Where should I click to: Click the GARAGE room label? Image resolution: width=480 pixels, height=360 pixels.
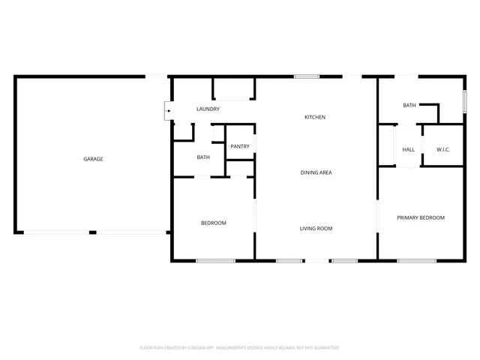pos(93,159)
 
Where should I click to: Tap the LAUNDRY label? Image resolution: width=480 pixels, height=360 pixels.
pos(208,109)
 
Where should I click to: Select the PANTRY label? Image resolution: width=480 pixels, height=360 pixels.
pos(240,146)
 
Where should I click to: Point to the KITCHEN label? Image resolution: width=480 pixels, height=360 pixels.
pos(315,117)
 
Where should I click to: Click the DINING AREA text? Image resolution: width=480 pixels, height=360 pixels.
pos(316,173)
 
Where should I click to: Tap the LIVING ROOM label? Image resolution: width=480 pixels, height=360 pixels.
pos(316,229)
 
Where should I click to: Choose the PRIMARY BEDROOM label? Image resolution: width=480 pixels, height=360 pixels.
pos(421,218)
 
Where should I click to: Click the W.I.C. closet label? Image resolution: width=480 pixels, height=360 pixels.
pos(443,149)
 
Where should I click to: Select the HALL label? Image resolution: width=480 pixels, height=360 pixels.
pos(409,149)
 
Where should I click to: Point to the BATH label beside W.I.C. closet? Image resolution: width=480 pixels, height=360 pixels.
pos(409,106)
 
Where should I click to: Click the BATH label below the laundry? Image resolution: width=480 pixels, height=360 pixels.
pos(203,157)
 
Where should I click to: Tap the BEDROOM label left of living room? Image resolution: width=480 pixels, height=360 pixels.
pos(213,223)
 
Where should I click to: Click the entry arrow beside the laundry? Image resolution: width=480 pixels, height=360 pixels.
pos(168,112)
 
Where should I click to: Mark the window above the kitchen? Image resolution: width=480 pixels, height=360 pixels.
pos(305,76)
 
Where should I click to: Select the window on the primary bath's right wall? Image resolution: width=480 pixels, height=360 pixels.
pos(464,100)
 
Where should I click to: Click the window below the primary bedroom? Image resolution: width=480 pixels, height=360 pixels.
pos(417,260)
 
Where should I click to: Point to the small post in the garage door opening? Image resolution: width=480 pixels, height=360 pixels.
pos(93,232)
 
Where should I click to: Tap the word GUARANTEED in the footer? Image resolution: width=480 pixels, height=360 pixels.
pos(324,348)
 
